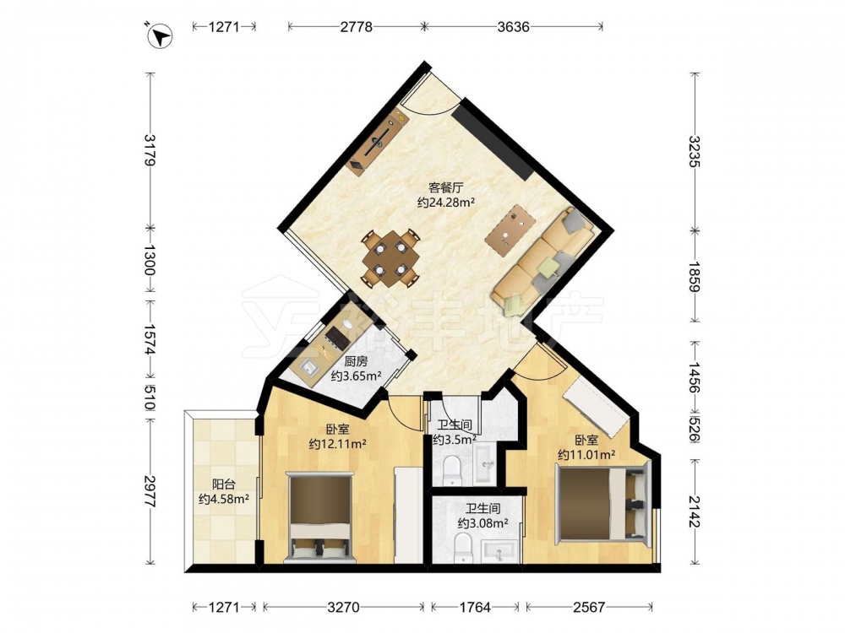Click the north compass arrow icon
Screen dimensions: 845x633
click(x=160, y=35)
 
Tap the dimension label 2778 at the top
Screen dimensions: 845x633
click(x=357, y=26)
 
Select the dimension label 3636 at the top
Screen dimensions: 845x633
click(x=513, y=26)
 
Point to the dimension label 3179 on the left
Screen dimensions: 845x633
click(x=150, y=150)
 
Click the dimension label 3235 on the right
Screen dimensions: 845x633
click(x=695, y=151)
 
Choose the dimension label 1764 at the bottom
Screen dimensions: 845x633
click(x=475, y=607)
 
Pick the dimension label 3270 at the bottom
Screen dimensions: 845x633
click(x=343, y=607)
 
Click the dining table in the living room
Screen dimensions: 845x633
click(x=390, y=258)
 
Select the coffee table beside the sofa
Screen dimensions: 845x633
click(x=510, y=226)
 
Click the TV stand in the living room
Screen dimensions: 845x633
click(x=377, y=140)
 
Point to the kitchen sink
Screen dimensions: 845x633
click(x=310, y=368)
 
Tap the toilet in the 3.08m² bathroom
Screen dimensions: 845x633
click(x=463, y=548)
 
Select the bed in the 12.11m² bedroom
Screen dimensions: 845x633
click(x=320, y=517)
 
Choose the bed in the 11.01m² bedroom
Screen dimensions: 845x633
click(x=603, y=503)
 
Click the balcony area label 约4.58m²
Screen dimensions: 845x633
click(x=224, y=499)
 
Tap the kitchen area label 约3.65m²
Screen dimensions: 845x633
click(x=357, y=376)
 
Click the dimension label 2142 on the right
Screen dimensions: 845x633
click(x=695, y=512)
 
